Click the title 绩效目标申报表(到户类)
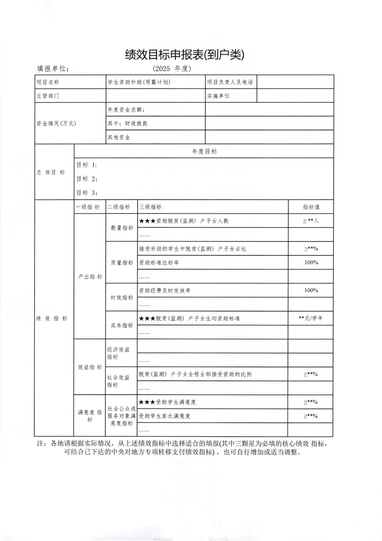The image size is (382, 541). (x=185, y=54)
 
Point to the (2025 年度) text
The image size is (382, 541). (x=172, y=68)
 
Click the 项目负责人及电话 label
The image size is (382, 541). (x=229, y=82)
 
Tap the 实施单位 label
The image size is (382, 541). (x=218, y=96)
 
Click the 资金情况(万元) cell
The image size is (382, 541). (x=56, y=123)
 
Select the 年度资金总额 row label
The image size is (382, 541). (x=126, y=110)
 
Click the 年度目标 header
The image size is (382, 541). (x=204, y=151)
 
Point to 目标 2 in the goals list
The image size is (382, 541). (x=87, y=179)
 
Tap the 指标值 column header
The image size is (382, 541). (x=311, y=207)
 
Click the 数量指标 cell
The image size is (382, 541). (x=122, y=228)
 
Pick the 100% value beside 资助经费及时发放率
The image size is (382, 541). (x=311, y=290)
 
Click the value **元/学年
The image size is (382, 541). (x=311, y=318)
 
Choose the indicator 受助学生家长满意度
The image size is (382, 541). (x=164, y=416)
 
